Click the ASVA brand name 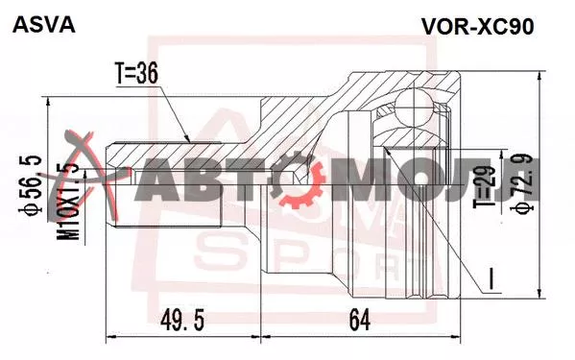[44, 26]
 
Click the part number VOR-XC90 [477, 26]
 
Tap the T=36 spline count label [136, 73]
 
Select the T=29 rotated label [485, 187]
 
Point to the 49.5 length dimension [182, 319]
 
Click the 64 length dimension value [360, 319]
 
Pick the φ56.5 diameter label [31, 184]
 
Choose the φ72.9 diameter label [522, 183]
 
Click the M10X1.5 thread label [68, 202]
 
